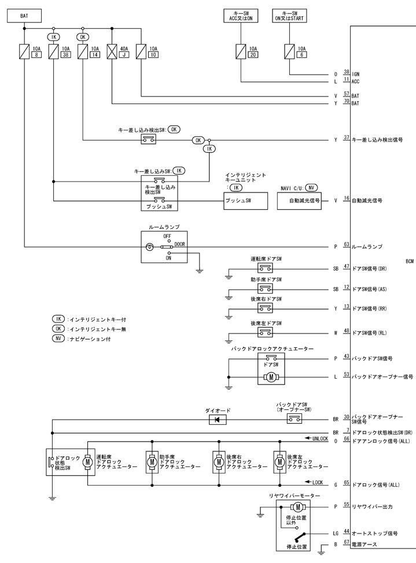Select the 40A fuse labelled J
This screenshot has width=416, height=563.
pos(111,52)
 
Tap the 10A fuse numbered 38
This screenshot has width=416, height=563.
pos(54,52)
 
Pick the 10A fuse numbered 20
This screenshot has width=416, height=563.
pos(241,52)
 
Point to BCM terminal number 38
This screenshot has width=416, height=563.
pos(347,72)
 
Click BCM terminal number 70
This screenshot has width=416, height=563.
pos(347,101)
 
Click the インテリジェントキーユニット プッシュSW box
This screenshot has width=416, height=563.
pos(246,201)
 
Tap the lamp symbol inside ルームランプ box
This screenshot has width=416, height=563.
pos(150,247)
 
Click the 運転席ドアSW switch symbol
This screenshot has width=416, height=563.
pos(266,269)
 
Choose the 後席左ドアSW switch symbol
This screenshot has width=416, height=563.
pos(266,332)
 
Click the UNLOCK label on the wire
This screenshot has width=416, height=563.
pos(320,439)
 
